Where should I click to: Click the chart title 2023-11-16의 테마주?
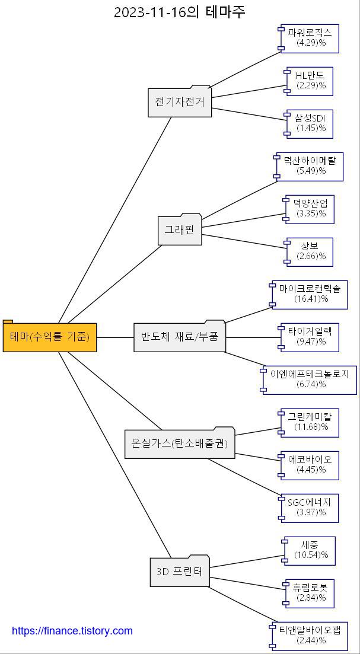(179, 12)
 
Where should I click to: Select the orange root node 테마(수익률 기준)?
(50, 337)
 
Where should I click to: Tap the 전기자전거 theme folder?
(180, 102)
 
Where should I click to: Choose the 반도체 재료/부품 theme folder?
(180, 337)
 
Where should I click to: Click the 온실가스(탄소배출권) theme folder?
(180, 444)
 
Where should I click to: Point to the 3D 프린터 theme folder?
(180, 572)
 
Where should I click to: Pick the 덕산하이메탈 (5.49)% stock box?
(310, 166)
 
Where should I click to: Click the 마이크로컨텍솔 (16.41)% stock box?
(310, 294)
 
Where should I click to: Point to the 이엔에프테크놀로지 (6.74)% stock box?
(310, 379)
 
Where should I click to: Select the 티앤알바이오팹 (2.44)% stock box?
(310, 635)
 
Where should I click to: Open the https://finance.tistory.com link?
(72, 631)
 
